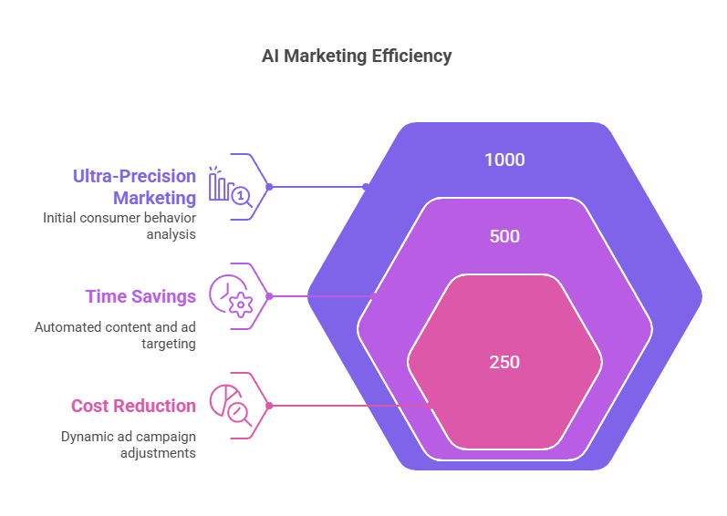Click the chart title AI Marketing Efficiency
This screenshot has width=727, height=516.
tap(357, 57)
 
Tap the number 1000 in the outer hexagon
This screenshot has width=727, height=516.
tap(504, 160)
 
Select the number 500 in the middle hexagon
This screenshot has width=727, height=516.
tap(504, 236)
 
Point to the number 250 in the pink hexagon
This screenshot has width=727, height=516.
tap(504, 362)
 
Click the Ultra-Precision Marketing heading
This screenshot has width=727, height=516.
tap(134, 187)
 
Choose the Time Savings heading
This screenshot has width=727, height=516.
tap(141, 296)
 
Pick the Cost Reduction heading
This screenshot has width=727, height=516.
tap(133, 406)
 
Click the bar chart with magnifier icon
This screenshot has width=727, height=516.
tap(231, 187)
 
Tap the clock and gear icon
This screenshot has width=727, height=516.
tap(231, 296)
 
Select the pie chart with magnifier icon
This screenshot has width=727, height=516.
tap(231, 406)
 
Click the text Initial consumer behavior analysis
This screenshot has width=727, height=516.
tap(119, 226)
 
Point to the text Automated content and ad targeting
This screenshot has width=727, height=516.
tap(115, 335)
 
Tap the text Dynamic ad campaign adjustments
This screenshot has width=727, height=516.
tap(129, 445)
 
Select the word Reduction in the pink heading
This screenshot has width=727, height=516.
tap(155, 406)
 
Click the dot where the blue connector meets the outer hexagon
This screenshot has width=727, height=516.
tap(366, 187)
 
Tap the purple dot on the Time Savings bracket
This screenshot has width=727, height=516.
tap(269, 296)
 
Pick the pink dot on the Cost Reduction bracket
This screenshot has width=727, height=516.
tap(269, 406)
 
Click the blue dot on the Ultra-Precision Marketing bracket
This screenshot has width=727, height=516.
tap(269, 187)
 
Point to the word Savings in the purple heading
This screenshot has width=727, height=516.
tap(164, 296)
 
